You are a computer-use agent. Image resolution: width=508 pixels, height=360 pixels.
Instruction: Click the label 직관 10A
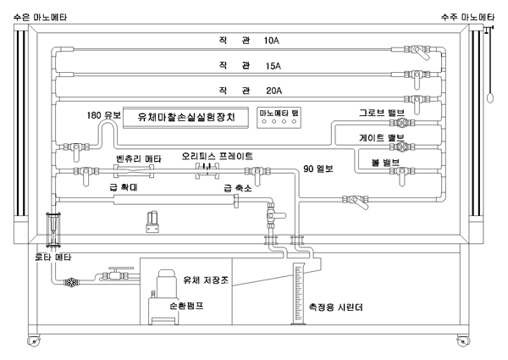(249, 41)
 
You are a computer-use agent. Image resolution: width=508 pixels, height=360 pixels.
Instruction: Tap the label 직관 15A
(250, 66)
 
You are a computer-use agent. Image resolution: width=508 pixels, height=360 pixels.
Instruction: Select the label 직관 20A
(251, 91)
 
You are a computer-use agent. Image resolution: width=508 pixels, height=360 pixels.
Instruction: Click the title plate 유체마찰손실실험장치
(185, 117)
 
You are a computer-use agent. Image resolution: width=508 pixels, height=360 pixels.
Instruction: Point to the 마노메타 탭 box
(279, 117)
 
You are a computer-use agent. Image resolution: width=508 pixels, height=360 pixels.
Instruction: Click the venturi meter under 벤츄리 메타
(134, 171)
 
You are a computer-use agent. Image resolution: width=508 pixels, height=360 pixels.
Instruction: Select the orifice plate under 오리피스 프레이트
(207, 171)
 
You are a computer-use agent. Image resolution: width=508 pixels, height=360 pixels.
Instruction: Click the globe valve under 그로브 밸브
(402, 123)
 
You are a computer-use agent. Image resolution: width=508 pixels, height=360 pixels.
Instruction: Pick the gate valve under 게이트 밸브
(402, 147)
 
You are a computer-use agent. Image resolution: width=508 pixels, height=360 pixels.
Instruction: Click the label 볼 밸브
(385, 162)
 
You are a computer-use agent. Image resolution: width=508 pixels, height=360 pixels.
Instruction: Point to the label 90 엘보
(317, 169)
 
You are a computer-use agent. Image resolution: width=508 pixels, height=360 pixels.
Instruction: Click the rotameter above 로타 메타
(53, 230)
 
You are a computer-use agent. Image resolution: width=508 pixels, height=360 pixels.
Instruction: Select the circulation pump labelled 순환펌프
(163, 297)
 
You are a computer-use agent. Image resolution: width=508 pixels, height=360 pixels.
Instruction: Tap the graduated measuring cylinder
(299, 294)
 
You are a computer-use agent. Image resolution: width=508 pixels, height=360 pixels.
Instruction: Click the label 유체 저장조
(206, 280)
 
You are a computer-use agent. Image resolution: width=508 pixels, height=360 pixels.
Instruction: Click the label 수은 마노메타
(40, 17)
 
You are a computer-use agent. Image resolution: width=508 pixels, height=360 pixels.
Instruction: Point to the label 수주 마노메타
(467, 17)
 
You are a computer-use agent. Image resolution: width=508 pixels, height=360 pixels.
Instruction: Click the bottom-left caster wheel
(33, 341)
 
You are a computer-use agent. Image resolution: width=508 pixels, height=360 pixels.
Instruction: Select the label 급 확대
(124, 187)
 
